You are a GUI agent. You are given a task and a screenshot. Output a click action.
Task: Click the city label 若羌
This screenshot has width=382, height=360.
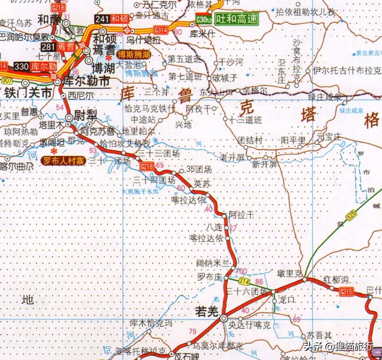coord(206,311)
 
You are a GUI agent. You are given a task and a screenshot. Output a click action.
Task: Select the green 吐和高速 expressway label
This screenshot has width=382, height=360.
coord(236,19)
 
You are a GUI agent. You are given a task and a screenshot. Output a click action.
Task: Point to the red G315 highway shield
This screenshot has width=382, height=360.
coord(346,291)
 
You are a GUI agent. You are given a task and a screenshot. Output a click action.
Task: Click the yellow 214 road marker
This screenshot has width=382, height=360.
coord(244,281)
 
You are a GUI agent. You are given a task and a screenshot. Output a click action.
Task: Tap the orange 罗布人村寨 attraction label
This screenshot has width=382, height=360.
coord(63,160)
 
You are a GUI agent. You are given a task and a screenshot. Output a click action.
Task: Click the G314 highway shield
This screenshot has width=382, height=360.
coord(161,30)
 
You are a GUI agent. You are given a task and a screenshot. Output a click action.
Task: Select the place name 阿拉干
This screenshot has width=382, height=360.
coord(241,215)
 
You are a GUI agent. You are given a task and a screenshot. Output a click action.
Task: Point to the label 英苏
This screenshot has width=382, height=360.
coord(202,184)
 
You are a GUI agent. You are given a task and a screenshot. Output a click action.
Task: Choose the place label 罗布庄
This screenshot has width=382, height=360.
coord(209,277)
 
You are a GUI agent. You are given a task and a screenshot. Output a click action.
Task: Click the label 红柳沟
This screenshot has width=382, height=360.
coord(336,280)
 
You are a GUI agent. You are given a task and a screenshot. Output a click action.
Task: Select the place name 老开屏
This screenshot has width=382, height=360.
coord(232,157)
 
